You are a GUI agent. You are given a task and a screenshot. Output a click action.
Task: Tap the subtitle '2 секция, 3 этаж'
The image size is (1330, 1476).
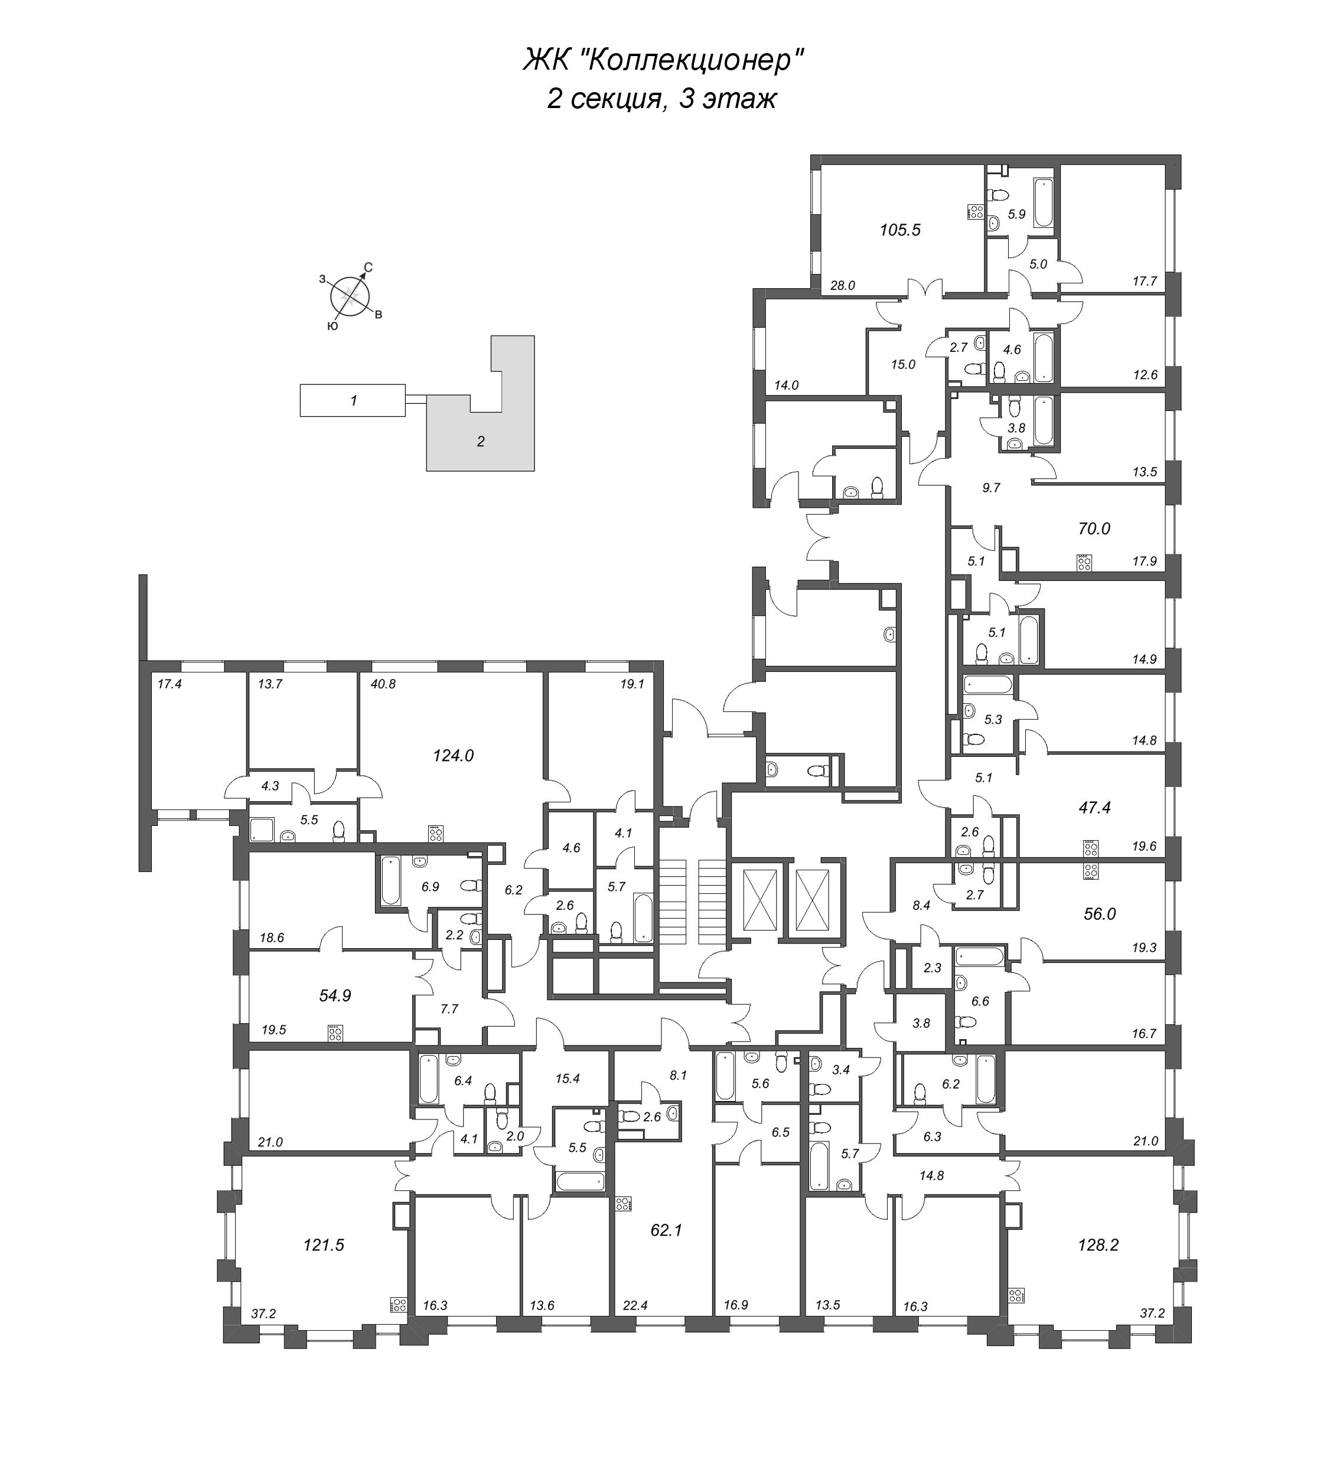[661, 99]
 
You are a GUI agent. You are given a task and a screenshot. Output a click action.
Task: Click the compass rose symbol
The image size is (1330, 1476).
[350, 296]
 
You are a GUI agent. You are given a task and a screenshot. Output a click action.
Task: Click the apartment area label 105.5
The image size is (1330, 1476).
[899, 230]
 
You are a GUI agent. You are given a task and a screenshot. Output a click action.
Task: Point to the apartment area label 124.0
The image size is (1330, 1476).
[453, 756]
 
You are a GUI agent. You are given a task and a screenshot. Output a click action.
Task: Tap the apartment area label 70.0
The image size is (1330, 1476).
[1093, 529]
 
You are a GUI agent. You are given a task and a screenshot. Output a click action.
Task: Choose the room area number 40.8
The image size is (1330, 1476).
[383, 685]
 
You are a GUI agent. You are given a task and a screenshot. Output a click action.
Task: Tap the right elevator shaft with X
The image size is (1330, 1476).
[813, 898]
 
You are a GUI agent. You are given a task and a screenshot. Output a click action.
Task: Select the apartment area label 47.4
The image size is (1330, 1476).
[1094, 808]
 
